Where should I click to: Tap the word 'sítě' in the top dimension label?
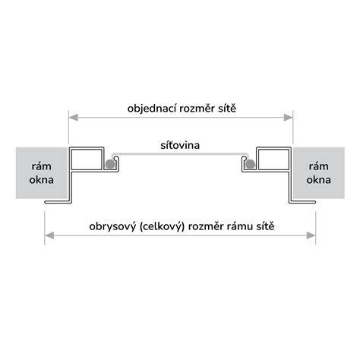coord(227,109)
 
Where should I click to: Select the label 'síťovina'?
coord(180,145)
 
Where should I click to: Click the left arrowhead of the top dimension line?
coord(74,118)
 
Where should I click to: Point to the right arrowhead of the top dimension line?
coord(289,118)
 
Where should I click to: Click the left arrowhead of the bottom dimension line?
coord(49,235)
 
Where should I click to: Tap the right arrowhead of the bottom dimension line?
coord(311,235)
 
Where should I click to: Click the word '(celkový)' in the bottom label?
coord(162,226)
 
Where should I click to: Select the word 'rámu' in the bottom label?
coord(240,226)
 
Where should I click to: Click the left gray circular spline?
coord(109,164)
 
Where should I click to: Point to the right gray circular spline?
coord(250,164)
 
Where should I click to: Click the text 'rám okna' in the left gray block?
coord(41,173)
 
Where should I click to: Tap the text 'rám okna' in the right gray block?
coord(318,173)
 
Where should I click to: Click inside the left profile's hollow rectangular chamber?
coord(87,159)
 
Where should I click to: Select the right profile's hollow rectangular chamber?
coord(273,159)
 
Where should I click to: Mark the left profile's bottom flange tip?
coord(46,202)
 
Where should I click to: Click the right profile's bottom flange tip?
coord(314,202)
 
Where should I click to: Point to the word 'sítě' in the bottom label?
coord(265,226)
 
